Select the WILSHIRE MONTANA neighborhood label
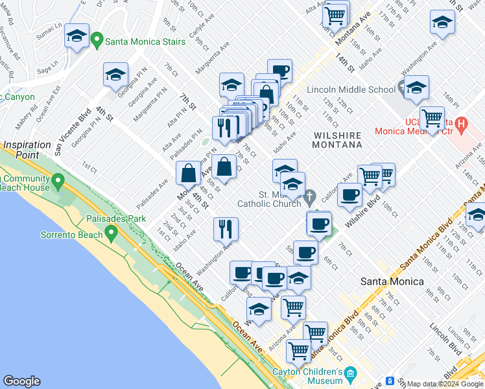(337, 139)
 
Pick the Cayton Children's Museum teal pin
(351, 373)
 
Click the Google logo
(21, 381)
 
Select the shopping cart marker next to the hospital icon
(432, 118)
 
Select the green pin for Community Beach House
(58, 179)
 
